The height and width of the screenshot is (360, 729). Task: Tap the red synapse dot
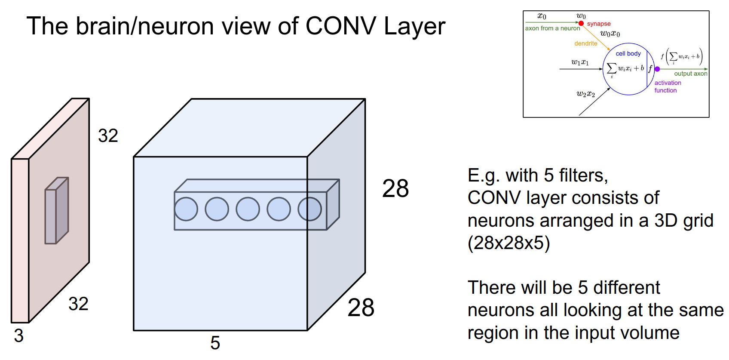(581, 23)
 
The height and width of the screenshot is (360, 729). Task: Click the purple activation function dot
(657, 69)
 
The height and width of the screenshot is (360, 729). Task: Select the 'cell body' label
(628, 54)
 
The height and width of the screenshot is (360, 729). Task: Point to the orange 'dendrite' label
(585, 43)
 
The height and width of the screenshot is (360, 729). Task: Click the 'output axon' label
(690, 74)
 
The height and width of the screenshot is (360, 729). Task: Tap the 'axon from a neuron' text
(552, 28)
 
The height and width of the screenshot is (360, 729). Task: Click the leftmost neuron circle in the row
(186, 209)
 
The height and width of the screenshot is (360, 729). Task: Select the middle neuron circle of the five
(248, 209)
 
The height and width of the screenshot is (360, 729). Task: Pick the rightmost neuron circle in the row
(310, 209)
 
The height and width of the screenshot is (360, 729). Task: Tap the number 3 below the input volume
(18, 336)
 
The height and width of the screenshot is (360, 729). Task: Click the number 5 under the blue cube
(215, 343)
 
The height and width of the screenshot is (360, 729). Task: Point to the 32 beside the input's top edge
(108, 136)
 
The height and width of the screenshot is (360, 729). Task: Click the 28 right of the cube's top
(395, 188)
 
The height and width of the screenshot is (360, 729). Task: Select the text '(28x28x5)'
(508, 243)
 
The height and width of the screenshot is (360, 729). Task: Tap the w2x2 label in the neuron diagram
(585, 94)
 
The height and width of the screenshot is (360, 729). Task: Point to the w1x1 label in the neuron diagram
(580, 62)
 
